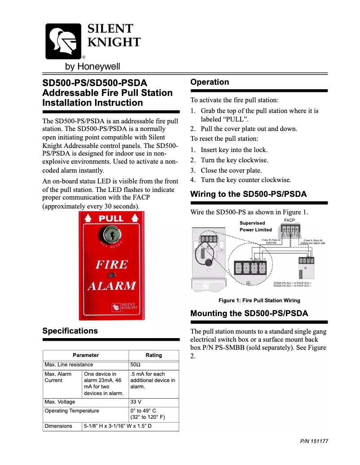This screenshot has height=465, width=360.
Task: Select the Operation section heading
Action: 210,82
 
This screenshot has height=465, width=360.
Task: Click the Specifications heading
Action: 70,331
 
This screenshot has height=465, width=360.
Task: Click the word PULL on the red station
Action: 111,219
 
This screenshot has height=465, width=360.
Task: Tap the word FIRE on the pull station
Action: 111,265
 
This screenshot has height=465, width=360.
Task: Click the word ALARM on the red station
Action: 111,286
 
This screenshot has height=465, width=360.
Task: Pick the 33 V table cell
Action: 136,402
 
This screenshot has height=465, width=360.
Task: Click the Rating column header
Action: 154,355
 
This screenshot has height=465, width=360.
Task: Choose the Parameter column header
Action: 86,355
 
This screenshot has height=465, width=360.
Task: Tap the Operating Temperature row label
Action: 72,411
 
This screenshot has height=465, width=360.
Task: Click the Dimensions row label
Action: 58,426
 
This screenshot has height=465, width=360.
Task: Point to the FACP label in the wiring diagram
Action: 290,221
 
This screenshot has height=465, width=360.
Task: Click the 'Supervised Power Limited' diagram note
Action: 255,226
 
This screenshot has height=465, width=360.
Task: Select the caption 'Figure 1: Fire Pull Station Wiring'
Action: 259,300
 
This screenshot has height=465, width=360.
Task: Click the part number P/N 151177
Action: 314,441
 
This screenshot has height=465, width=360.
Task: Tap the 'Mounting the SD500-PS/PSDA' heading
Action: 249,313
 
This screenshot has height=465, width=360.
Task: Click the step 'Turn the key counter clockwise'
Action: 246,180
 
